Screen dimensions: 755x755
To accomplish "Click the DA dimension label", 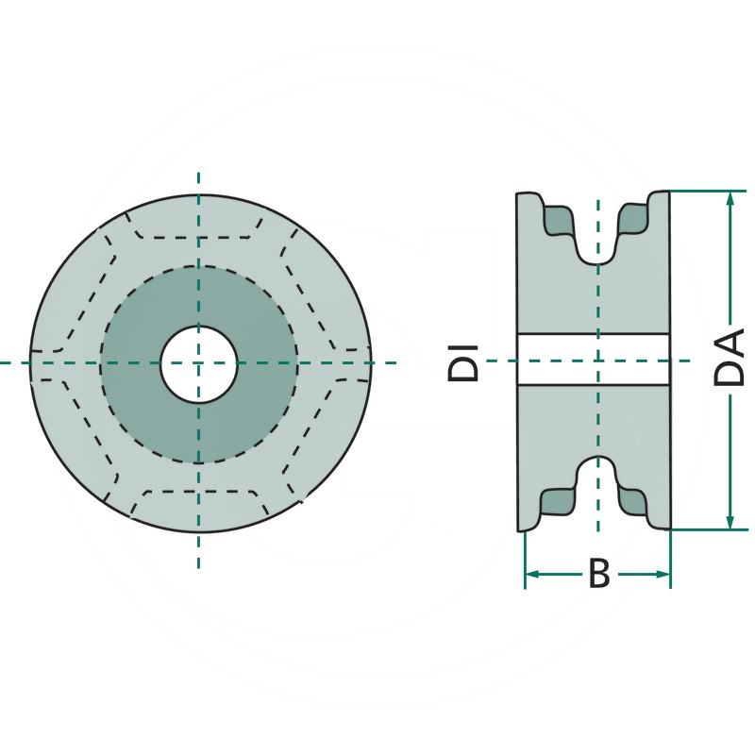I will (x=729, y=358).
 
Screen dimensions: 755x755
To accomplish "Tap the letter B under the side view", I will (x=598, y=574).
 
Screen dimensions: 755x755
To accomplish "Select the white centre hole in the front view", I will (x=198, y=363).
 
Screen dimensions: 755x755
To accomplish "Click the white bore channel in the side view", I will (x=566, y=360).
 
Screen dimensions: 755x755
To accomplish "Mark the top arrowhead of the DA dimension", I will (x=730, y=198).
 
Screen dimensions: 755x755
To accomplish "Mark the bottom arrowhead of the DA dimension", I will (x=730, y=521).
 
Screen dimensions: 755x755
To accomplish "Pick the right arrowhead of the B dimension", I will (x=663, y=574).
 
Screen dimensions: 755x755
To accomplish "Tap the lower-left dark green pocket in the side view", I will (x=558, y=501).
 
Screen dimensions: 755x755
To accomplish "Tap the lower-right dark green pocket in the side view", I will (x=634, y=501).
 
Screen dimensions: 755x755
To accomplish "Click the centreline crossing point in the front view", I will (x=198, y=363).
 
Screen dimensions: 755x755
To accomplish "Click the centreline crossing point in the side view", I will (x=596, y=361).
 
